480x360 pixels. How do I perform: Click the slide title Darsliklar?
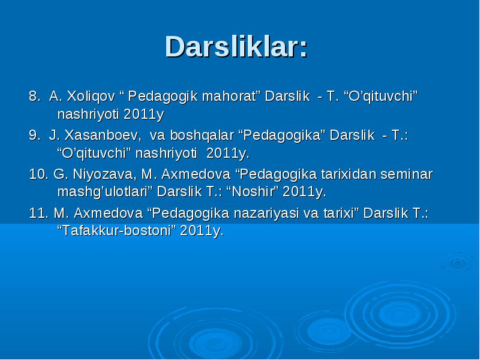point(236,47)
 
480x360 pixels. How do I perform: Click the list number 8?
point(34,96)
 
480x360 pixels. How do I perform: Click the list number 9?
point(34,135)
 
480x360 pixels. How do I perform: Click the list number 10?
point(38,174)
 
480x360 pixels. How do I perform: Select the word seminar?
point(407,174)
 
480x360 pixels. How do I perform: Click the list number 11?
point(38,213)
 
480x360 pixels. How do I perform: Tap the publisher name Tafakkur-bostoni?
point(116,230)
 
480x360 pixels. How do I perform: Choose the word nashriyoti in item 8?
point(88,115)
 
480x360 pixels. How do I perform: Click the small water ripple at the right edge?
point(458,262)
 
